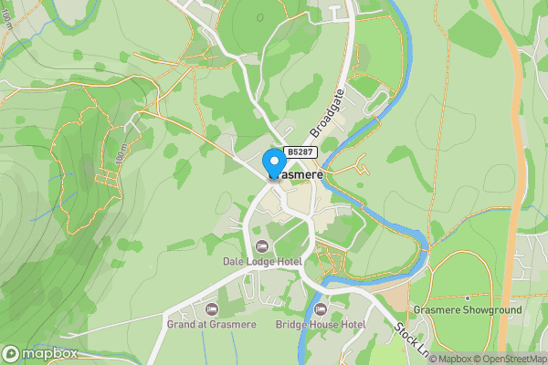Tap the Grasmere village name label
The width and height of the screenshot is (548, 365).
pos(294,173)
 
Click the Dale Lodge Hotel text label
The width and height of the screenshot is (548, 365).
pos(262,261)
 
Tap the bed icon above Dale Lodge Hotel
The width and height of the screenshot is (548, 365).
pos(262,246)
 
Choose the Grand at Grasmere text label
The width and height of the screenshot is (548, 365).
pos(212,324)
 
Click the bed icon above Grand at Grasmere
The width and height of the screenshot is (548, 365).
pos(212,309)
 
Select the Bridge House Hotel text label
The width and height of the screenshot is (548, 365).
pos(321,324)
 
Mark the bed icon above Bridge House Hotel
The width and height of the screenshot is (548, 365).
pos(321,309)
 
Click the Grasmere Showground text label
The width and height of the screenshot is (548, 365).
pos(467,310)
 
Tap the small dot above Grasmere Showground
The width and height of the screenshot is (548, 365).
pos(467,297)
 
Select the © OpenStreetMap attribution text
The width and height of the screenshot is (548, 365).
pos(508,359)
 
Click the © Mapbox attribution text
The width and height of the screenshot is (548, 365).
pos(448,359)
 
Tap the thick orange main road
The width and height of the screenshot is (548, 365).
pos(517,137)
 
